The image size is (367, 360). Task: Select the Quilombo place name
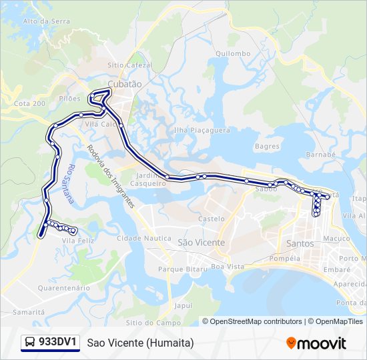234,53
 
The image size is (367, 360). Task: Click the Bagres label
267,145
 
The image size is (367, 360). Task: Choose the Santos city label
300,243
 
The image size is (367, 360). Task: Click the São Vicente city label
201,243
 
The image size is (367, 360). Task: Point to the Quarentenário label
64,288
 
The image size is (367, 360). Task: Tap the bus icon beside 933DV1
31,343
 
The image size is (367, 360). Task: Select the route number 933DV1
59,343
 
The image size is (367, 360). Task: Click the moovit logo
316,343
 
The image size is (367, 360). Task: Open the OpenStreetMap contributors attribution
256,321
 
